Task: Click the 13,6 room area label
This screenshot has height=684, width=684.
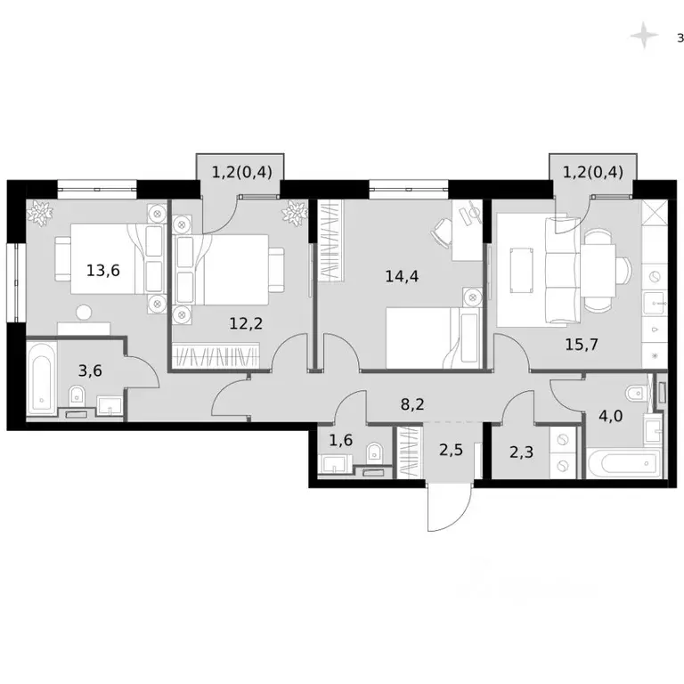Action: point(103,270)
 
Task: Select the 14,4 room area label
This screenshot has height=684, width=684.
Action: point(402,275)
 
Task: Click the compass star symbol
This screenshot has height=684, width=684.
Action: point(642,36)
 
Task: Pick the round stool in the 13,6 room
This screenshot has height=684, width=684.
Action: point(84,312)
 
